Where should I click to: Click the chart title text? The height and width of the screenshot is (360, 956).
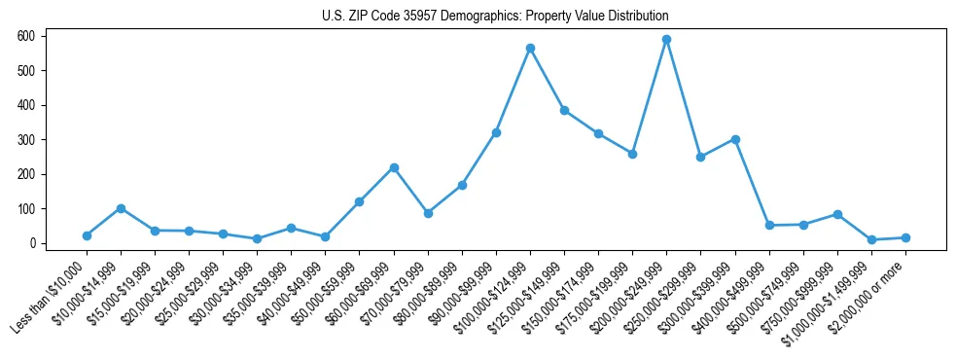(495, 17)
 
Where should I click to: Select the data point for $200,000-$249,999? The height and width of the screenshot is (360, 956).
(666, 40)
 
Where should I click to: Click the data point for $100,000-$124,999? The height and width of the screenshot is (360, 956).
(530, 48)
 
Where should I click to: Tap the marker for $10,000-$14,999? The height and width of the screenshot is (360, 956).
(121, 208)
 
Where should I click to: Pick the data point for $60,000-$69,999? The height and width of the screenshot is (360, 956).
(394, 167)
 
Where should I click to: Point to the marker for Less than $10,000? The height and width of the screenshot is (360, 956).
(87, 235)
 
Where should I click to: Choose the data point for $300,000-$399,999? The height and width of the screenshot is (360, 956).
(735, 139)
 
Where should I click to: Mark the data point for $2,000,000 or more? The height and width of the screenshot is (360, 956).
(905, 237)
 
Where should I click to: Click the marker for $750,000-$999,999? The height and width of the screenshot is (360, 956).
(837, 214)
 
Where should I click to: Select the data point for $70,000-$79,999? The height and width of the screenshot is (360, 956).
(428, 213)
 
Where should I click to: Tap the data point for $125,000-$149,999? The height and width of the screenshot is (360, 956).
(564, 110)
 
